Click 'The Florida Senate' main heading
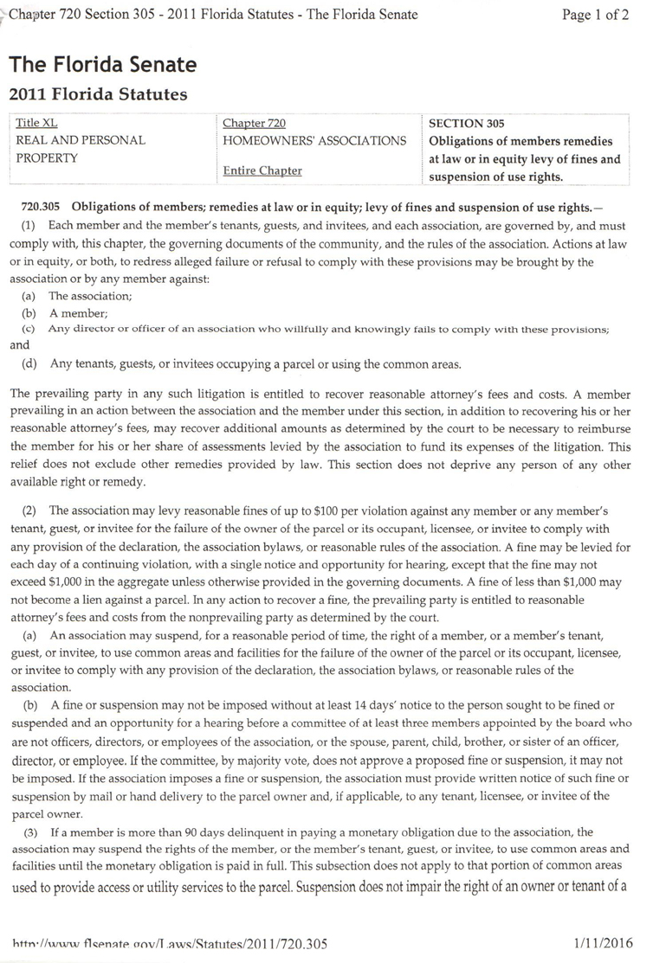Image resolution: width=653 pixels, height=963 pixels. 103,65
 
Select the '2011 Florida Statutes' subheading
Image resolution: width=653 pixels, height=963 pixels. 98,94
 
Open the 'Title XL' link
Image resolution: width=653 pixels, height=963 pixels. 37,124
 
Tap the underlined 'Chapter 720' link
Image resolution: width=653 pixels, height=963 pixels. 254,124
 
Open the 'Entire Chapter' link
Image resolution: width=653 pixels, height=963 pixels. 262,170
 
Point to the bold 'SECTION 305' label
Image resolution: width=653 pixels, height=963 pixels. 467,124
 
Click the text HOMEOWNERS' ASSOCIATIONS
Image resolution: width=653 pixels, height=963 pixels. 314,140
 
